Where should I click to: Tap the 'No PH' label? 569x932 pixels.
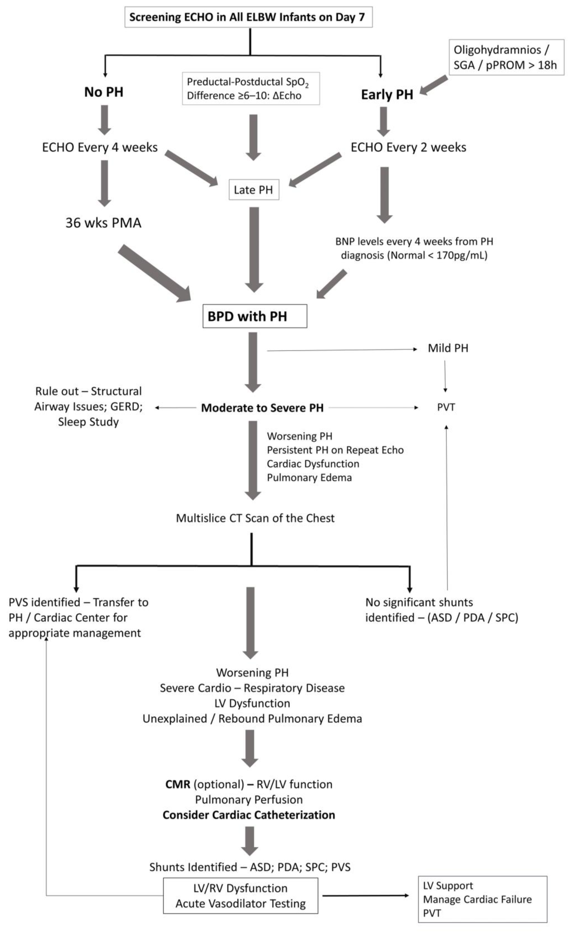[x=104, y=92]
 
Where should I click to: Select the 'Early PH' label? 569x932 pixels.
[x=387, y=94]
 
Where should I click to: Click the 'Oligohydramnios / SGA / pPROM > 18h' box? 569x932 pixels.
[x=506, y=57]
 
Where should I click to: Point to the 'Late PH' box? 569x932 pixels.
[x=254, y=190]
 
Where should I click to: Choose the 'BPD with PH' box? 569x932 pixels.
[x=254, y=316]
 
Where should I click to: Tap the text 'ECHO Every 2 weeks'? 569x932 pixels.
[x=408, y=147]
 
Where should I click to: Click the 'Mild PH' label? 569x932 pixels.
[x=448, y=348]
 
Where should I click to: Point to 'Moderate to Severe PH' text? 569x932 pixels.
[x=262, y=408]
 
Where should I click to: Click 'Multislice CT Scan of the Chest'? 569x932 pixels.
[x=255, y=518]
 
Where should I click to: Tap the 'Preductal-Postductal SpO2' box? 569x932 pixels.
[x=251, y=89]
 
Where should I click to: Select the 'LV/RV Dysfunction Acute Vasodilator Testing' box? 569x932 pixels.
[x=240, y=896]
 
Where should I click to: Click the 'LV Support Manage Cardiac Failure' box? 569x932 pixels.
[x=482, y=899]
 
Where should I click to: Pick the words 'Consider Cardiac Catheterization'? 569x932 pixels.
[x=249, y=815]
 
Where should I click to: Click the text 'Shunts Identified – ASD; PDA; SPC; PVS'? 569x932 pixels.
[x=250, y=867]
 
